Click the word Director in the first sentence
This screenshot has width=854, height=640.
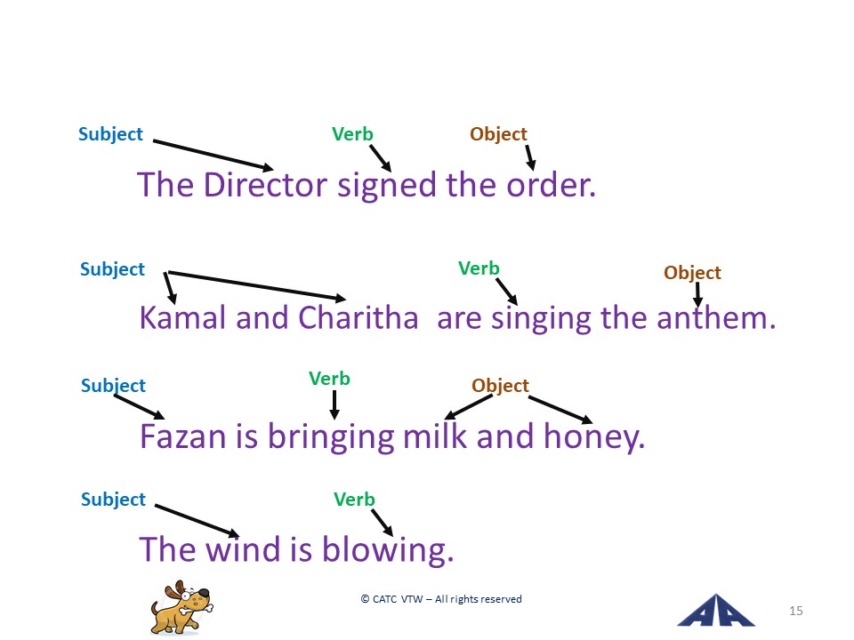pyautogui.click(x=265, y=185)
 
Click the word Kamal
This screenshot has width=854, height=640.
pyautogui.click(x=182, y=318)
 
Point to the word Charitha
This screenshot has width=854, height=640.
pyautogui.click(x=359, y=318)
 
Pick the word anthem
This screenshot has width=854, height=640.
pyautogui.click(x=715, y=318)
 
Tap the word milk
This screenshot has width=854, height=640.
pyautogui.click(x=435, y=436)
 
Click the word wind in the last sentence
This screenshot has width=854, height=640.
pyautogui.click(x=243, y=549)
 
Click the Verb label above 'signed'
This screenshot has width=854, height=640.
pyautogui.click(x=352, y=134)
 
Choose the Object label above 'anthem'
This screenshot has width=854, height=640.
pyautogui.click(x=692, y=273)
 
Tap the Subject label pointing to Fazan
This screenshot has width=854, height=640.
pyautogui.click(x=113, y=386)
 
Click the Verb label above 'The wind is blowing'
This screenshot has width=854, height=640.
pyautogui.click(x=354, y=499)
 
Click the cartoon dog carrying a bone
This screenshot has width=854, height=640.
pyautogui.click(x=181, y=607)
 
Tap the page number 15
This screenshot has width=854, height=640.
pyautogui.click(x=795, y=611)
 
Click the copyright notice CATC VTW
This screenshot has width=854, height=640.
pyautogui.click(x=441, y=599)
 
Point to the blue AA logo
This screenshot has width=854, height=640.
pyautogui.click(x=716, y=611)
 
